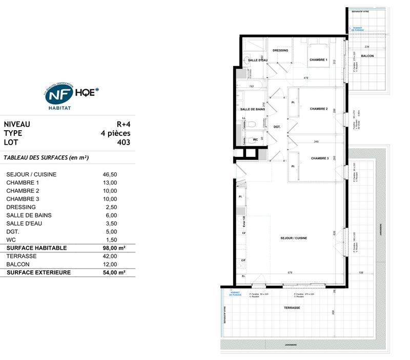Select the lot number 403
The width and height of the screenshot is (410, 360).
tap(123, 142)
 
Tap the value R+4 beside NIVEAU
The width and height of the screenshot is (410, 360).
tap(123, 124)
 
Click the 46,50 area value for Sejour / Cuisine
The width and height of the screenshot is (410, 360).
tap(110, 174)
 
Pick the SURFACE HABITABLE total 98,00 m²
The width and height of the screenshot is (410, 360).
tap(114, 248)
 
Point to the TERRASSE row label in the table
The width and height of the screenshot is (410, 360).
tap(20, 256)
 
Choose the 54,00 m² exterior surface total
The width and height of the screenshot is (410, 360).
tap(114, 272)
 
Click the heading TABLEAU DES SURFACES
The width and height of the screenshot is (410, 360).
tap(46, 158)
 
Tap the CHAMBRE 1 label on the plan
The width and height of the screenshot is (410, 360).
tap(318, 60)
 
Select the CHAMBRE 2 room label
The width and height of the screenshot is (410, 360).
tap(319, 109)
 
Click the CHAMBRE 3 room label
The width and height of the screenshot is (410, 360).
tap(320, 158)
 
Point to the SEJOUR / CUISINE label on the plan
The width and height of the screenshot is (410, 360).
tap(294, 238)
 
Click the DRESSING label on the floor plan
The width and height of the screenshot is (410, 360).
tap(280, 50)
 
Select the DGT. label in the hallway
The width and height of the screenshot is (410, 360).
tap(276, 127)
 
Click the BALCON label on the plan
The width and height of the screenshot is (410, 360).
tap(367, 55)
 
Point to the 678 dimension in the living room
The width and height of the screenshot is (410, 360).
tap(291, 273)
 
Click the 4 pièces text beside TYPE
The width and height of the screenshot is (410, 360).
tap(115, 133)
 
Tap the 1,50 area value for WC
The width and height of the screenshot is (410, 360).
tap(110, 239)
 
